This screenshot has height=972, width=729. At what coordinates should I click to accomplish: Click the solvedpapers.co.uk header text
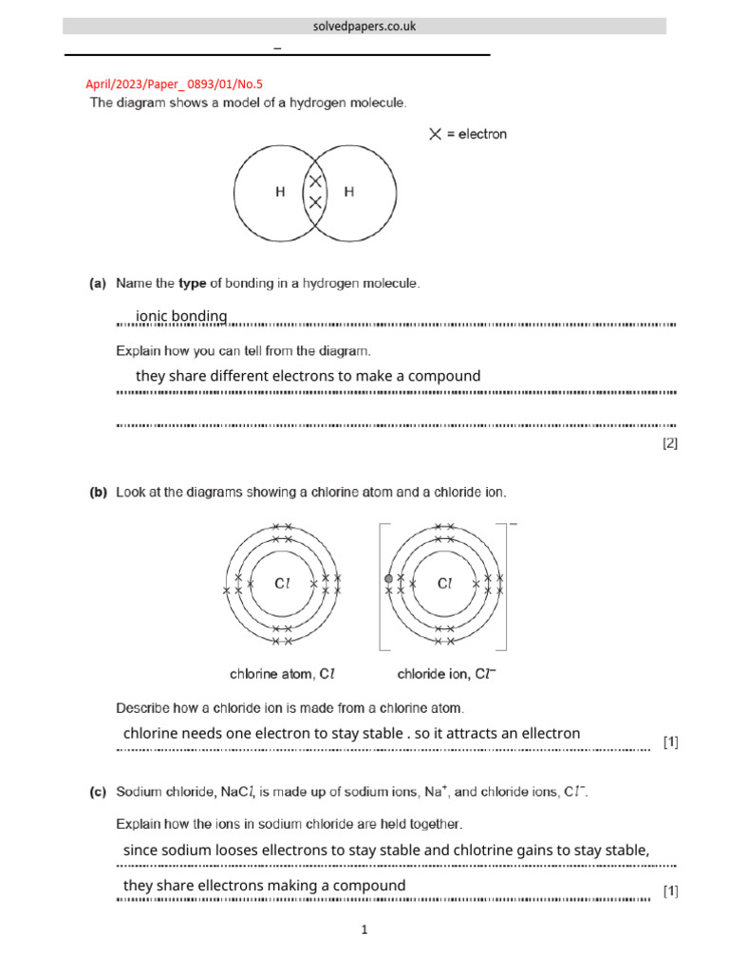pos(364,27)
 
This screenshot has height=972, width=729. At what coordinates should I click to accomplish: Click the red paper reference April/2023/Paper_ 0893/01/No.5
pos(174,84)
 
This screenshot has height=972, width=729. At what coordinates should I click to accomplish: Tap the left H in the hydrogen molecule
pos(280,192)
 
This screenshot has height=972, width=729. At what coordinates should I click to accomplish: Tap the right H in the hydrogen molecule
pos(349,192)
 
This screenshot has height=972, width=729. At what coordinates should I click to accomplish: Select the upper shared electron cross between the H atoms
pos(315,180)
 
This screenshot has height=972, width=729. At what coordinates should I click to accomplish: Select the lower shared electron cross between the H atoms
pos(315,201)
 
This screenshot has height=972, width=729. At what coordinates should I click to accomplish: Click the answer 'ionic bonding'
pos(181,316)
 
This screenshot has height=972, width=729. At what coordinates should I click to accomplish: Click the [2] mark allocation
pos(670,442)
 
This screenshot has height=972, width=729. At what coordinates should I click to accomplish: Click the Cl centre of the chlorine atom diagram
pos(283,585)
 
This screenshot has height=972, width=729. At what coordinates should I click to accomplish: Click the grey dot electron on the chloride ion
pos(388,578)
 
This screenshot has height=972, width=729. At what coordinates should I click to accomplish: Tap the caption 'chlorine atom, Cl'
pos(282,675)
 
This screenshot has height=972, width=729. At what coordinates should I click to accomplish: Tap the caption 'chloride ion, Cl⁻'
pos(446,675)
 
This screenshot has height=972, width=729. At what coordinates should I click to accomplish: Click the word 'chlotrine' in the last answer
pos(485,850)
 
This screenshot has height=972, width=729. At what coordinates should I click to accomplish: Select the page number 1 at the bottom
pos(364,931)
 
